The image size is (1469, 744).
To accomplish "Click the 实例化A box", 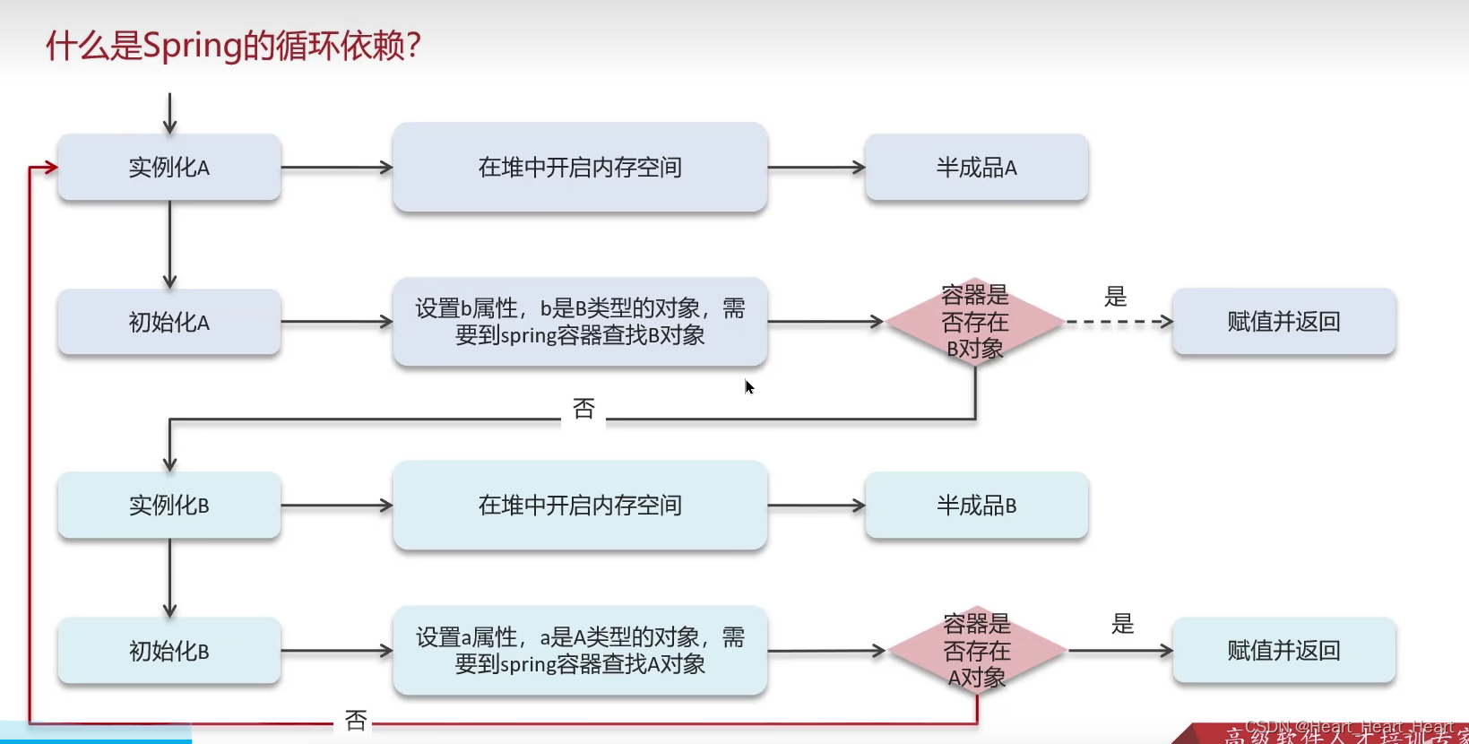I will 169,168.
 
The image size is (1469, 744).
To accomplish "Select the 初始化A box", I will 169,322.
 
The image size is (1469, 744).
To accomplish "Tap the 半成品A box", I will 976,168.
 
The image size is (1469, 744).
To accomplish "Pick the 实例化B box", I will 169,506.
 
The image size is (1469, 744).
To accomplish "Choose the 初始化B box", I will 169,651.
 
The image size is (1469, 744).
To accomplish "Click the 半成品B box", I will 976,506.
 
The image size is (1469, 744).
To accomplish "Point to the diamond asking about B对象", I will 975,322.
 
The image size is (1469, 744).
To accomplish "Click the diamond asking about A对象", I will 977,651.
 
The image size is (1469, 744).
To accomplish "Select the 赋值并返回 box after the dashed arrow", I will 1283,322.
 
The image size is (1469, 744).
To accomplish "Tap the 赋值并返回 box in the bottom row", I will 1283,651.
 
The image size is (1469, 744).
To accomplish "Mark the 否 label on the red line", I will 356,721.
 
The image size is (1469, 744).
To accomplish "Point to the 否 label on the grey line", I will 583,410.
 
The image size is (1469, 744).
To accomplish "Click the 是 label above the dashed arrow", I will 1115,297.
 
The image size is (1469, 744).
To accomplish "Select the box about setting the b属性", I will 580,322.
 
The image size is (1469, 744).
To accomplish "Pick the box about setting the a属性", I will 580,651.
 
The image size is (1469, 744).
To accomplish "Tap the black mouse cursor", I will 749,387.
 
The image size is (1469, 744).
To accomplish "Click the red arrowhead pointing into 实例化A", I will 51,167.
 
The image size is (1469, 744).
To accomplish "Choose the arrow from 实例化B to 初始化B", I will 169,578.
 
